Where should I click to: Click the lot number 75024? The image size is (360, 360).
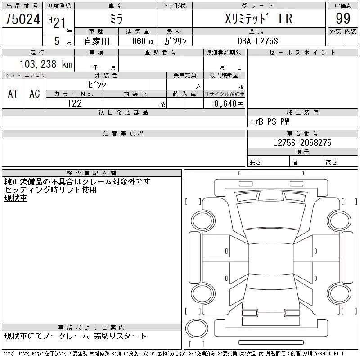point(22,19)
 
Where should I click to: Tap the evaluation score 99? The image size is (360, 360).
point(343,18)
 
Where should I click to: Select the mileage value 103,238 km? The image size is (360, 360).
point(46,64)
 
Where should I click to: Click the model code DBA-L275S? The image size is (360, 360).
point(257,41)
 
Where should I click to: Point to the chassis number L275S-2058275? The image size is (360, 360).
point(302,143)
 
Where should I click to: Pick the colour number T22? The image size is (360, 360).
point(74,103)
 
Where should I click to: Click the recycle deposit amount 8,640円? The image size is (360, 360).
point(229,104)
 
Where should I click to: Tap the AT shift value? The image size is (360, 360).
point(13,94)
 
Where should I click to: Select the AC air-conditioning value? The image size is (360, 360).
point(35,94)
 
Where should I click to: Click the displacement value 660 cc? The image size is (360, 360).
point(143,41)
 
